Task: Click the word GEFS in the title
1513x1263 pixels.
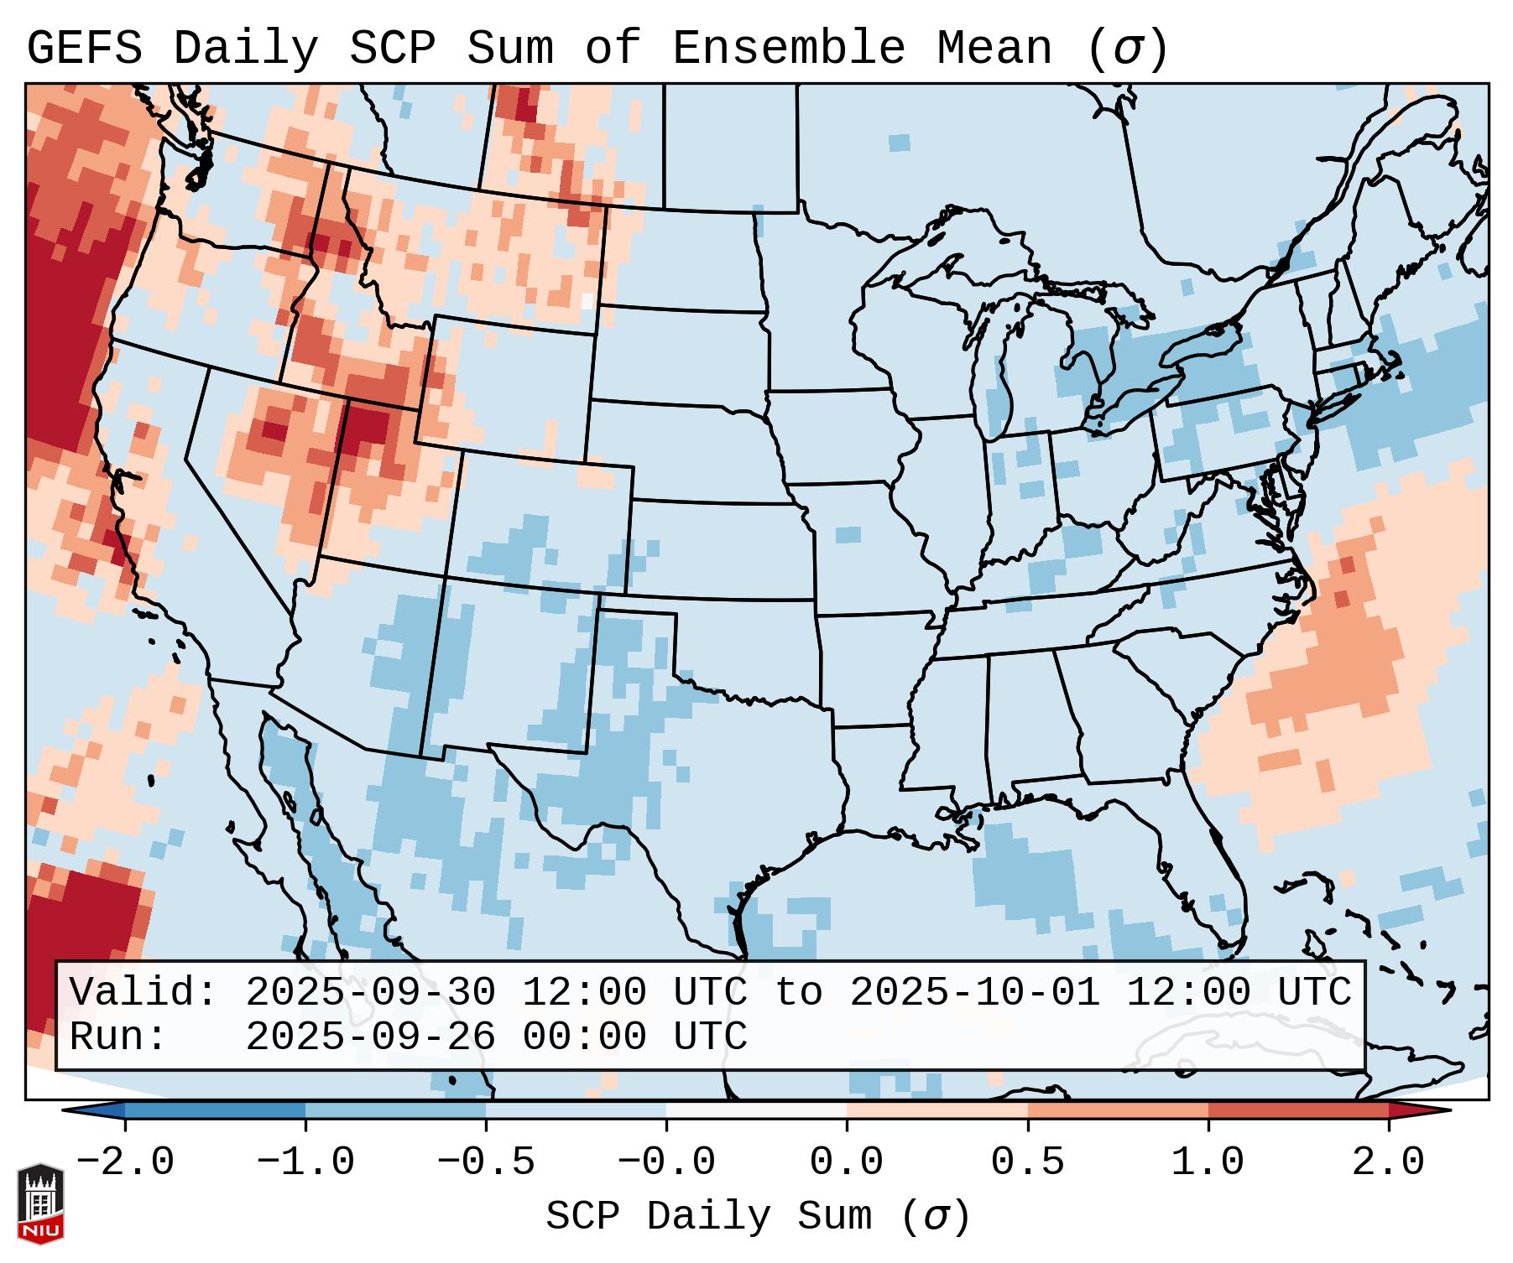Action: (85, 49)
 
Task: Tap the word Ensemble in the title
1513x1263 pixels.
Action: (788, 49)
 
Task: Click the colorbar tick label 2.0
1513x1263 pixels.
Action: (1388, 1162)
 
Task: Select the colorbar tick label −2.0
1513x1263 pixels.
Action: (125, 1162)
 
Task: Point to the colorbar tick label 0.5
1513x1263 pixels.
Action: (1027, 1162)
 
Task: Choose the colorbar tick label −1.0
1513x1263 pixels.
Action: (305, 1162)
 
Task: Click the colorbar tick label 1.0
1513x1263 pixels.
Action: (1208, 1162)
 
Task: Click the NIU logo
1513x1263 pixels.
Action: (40, 1203)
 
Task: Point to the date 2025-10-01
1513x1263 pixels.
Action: (974, 993)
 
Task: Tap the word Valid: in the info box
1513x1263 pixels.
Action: (143, 993)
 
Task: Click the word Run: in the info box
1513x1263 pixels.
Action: (118, 1037)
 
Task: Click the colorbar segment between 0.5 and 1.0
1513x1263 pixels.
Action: (1118, 1110)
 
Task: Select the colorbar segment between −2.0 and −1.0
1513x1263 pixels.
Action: (215, 1110)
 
